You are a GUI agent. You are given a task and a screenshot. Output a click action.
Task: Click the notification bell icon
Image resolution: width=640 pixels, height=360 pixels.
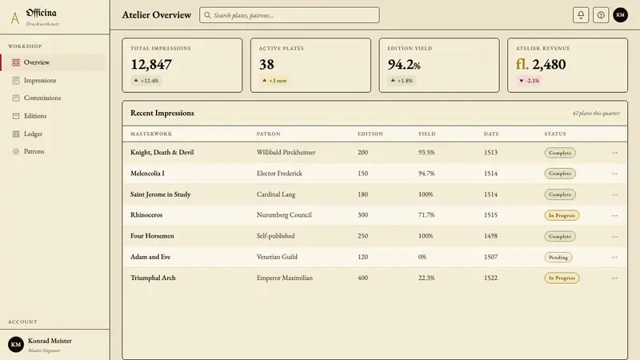[x=581, y=15]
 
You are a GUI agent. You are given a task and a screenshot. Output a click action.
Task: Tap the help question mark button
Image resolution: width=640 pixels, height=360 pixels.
[x=601, y=15]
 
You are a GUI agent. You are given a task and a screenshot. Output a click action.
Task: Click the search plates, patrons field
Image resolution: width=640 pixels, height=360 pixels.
[x=290, y=15]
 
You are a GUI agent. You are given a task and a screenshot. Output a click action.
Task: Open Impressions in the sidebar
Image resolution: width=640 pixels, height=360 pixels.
[x=39, y=81]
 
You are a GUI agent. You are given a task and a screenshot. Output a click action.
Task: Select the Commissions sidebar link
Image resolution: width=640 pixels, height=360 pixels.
[x=42, y=98]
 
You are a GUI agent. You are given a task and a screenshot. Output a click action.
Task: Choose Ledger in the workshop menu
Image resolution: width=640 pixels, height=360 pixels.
[x=33, y=134]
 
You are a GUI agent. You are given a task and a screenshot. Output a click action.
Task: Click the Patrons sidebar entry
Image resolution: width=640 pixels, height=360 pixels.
[x=34, y=151]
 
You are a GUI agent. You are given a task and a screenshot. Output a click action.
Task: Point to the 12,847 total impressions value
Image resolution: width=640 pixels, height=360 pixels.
[x=151, y=65]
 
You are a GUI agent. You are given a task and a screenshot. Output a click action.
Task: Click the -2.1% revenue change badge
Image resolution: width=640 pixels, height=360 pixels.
[x=529, y=81]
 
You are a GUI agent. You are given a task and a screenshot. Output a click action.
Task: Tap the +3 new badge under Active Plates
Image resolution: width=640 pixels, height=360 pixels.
[x=274, y=81]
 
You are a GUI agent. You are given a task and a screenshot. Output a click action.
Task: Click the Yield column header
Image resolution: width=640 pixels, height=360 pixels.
[x=426, y=134]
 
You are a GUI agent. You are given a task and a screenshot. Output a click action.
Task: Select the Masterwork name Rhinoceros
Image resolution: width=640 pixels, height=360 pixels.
[x=146, y=214]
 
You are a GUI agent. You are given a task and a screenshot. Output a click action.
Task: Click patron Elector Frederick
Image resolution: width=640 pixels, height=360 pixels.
[x=279, y=173]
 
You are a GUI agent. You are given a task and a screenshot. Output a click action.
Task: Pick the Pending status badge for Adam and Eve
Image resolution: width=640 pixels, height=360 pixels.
[x=558, y=257]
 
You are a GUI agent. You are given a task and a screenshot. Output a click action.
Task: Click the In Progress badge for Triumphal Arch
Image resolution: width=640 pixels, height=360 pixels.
[x=562, y=278]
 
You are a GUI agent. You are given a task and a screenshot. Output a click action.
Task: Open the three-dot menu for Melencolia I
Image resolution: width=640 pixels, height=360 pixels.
[x=614, y=174]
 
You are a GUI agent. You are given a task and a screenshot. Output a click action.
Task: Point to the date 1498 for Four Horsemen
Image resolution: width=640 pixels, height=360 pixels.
[x=490, y=236]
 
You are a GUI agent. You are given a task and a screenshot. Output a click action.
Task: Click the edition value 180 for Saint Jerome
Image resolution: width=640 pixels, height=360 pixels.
[x=362, y=194]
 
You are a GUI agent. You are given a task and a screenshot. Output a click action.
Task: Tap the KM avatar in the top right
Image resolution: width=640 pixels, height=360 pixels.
[x=620, y=15]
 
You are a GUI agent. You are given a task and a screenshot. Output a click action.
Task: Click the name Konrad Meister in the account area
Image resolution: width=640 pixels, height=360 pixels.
[x=50, y=341]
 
